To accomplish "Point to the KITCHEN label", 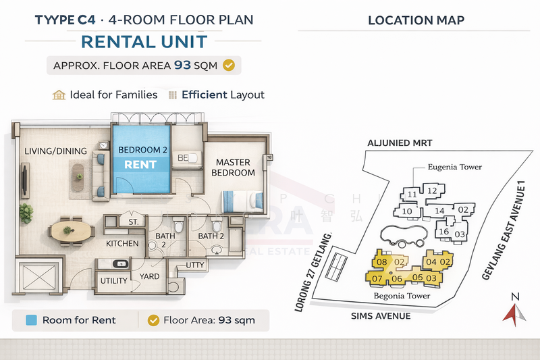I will coord(122,243).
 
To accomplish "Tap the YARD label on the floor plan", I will coord(150,276).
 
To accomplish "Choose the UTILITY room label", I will coord(114,280).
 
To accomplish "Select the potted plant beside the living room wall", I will coord(26,213).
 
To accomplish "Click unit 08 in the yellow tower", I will coord(381,262).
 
